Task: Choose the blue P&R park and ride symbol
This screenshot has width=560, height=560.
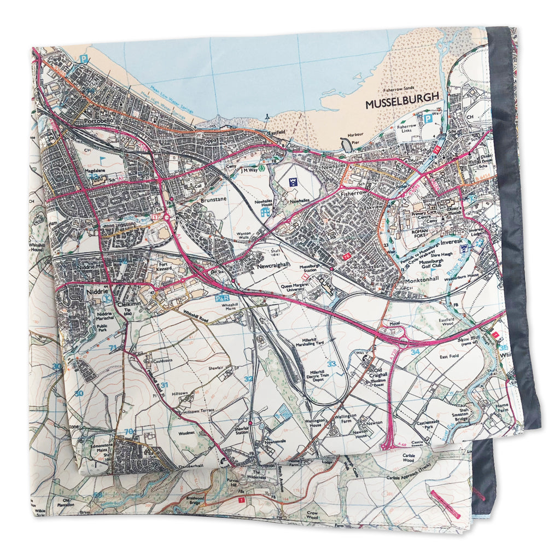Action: [x=222, y=298]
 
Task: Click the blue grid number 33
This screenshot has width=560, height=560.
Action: [x=331, y=363]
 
